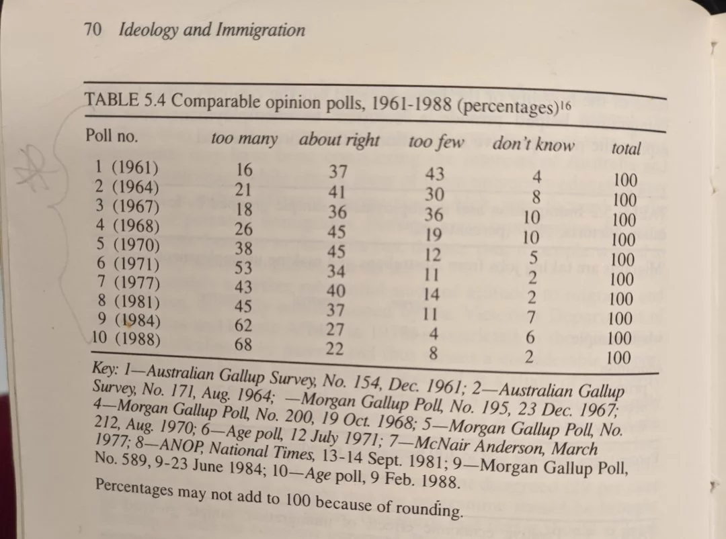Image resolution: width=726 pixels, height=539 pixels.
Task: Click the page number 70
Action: [93, 30]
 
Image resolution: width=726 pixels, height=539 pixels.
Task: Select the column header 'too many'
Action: [244, 138]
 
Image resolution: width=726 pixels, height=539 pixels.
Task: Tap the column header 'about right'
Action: [339, 140]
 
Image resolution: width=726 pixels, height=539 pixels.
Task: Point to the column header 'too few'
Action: [436, 142]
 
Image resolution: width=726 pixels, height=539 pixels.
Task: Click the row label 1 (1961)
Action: [126, 167]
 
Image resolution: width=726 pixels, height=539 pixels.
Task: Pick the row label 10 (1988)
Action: [126, 338]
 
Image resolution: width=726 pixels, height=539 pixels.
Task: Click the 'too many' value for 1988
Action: [243, 344]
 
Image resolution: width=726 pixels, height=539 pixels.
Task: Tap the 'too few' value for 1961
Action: [435, 174]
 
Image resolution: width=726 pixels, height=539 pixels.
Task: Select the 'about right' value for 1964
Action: [337, 191]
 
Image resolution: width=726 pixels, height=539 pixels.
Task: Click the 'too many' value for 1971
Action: [243, 268]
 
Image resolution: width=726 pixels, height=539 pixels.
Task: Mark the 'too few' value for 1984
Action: [434, 334]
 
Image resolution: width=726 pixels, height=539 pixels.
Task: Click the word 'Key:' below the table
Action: [106, 369]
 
